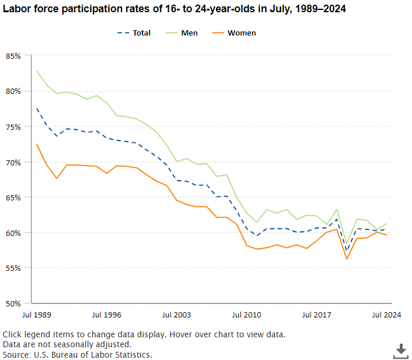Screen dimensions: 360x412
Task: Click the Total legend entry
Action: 133,33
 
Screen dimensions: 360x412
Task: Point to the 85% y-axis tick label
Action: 13,56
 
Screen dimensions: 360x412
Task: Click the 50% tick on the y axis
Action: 13,303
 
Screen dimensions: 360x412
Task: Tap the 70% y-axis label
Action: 13,162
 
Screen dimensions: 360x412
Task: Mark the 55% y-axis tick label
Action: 13,268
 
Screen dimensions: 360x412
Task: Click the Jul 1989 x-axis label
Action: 36,315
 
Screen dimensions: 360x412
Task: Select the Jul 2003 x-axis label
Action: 176,315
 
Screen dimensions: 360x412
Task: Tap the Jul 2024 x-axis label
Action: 386,315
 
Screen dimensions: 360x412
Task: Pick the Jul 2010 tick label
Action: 247,315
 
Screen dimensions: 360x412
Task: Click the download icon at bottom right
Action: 400,350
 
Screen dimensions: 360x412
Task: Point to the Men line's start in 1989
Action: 37,71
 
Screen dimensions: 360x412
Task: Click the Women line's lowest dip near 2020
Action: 347,259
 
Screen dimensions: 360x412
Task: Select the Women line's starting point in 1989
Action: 37,144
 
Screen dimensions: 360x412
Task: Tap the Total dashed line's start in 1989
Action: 37,108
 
